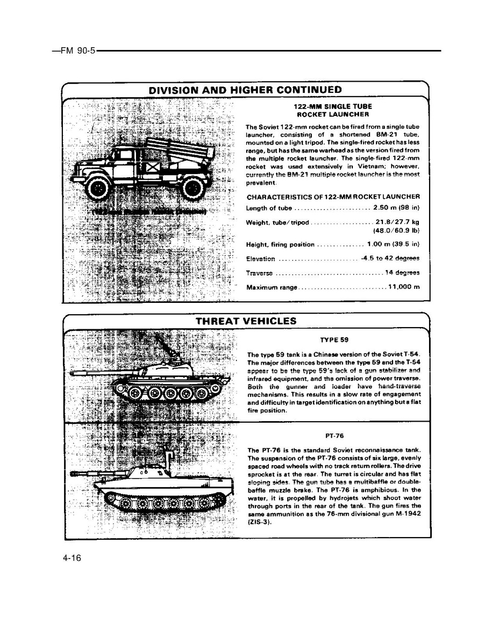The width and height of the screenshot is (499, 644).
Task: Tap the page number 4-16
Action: (x=72, y=559)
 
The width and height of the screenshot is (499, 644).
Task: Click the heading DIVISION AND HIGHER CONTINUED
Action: (x=245, y=90)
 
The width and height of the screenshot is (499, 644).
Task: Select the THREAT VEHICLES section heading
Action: (x=246, y=321)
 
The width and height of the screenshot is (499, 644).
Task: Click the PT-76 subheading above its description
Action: (x=334, y=436)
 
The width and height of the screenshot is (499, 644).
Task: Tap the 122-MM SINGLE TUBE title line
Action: (x=333, y=106)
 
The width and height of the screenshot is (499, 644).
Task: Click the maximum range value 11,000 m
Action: (x=403, y=287)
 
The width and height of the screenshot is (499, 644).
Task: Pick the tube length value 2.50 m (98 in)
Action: (x=396, y=208)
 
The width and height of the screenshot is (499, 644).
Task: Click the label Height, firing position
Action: (x=280, y=245)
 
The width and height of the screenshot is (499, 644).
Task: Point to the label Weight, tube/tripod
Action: (x=278, y=223)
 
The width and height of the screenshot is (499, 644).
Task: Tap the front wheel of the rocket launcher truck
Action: (x=98, y=188)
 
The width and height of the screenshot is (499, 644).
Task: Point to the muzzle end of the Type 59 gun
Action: (x=74, y=372)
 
